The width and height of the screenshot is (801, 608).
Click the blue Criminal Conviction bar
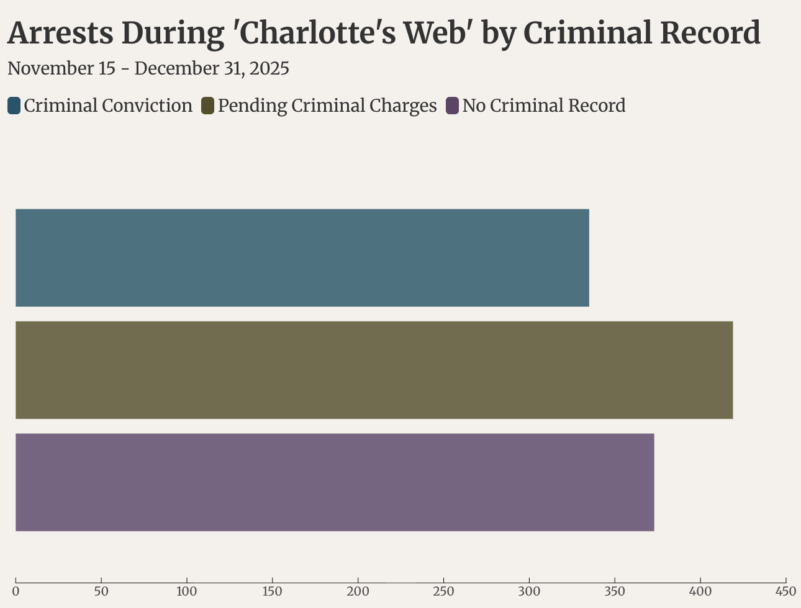point(302,258)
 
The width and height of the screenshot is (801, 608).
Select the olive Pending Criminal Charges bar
point(374,370)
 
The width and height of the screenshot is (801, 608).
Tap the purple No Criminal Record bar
point(335,482)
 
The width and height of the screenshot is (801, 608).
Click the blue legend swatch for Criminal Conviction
point(14,106)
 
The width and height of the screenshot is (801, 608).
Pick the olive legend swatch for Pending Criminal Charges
point(208,106)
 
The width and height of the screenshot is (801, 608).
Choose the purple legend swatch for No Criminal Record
point(453,106)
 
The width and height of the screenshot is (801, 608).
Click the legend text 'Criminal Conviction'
point(108,106)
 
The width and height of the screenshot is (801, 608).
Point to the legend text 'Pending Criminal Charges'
point(327,106)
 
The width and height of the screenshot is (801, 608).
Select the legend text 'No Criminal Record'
point(544,106)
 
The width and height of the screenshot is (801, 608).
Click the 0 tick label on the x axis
point(16,591)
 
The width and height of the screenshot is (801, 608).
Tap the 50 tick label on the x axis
point(101,591)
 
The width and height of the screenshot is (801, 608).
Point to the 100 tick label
point(187,591)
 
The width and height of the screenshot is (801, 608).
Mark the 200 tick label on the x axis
point(358,591)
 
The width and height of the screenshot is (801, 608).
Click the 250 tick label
point(443,591)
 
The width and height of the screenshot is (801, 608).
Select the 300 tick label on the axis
point(529,591)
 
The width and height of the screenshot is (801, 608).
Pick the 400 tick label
point(700,591)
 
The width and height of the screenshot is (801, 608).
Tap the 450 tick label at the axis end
point(785,591)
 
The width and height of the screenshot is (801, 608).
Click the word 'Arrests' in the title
point(60,33)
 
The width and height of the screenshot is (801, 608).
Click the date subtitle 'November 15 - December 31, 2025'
point(148,68)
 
